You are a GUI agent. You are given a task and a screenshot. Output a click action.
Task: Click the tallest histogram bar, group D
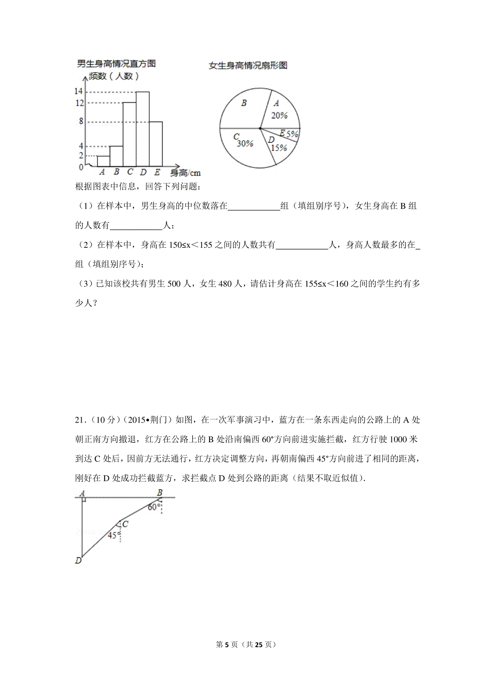tap(143, 129)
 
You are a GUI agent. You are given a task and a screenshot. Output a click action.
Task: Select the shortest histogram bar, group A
tap(103, 161)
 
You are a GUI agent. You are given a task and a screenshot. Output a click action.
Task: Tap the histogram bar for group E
tap(156, 143)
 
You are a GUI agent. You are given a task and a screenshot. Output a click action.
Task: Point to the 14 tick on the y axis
tap(78, 92)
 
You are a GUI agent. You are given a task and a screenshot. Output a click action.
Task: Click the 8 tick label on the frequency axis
tap(81, 122)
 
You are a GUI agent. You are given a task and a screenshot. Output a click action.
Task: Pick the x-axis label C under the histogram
tap(130, 172)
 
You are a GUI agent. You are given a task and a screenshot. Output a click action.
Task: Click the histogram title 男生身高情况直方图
tap(116, 63)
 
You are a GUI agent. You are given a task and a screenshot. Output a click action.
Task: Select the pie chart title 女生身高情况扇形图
tap(248, 65)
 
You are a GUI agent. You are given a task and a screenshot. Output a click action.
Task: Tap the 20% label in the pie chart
tap(279, 116)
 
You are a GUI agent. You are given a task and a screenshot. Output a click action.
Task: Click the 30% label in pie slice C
tap(245, 143)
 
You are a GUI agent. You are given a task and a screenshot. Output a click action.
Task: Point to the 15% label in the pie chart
tap(278, 148)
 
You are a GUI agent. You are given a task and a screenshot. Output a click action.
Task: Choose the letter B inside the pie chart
tap(244, 103)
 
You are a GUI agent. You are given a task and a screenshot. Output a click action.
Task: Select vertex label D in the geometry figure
tap(78, 560)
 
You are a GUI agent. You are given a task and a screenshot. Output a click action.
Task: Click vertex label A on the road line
tap(82, 493)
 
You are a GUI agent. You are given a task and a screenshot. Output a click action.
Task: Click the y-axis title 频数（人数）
tap(114, 76)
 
